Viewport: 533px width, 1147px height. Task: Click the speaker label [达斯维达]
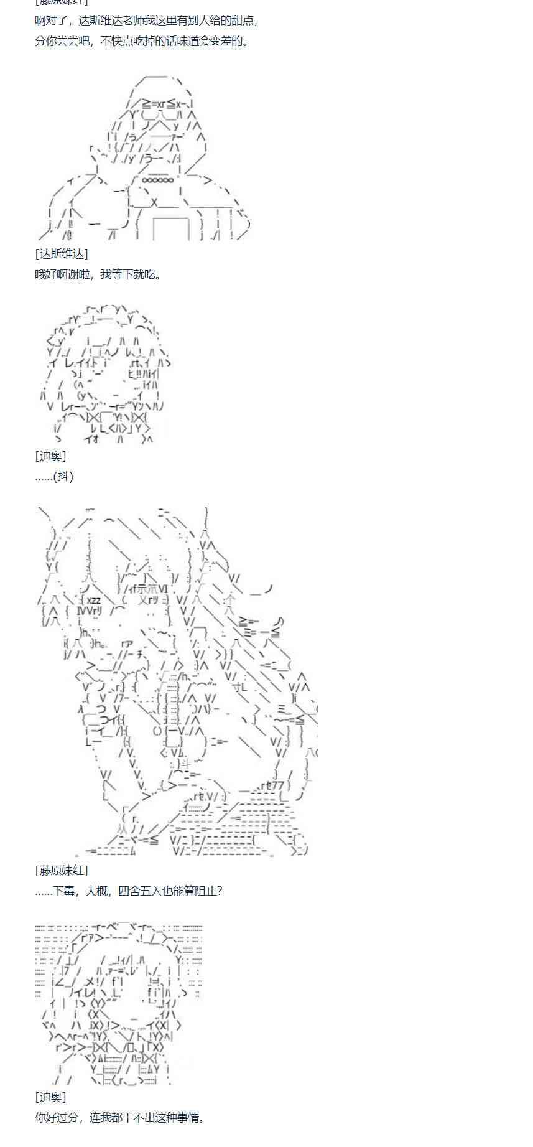62,253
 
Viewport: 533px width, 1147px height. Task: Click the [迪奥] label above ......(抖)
50,456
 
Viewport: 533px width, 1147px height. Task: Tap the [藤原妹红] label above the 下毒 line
62,870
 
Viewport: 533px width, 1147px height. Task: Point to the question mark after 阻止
219,891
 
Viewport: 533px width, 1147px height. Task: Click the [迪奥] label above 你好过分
50,1097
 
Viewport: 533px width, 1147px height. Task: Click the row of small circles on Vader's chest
158,180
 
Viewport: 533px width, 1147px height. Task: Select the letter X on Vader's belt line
154,202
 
